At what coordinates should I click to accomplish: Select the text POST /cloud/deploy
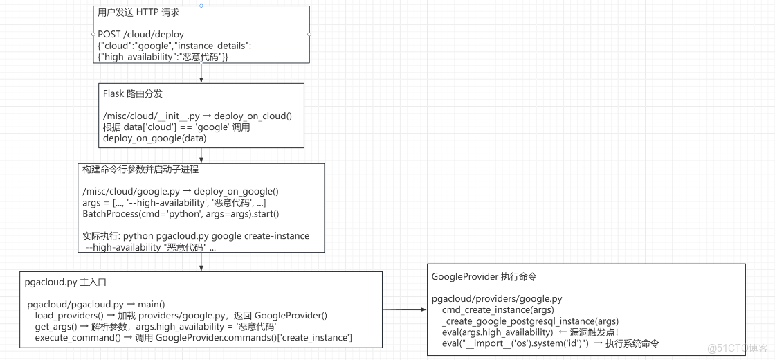(x=140, y=34)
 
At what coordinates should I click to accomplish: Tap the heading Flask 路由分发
(x=132, y=94)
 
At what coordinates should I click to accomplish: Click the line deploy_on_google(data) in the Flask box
(x=155, y=138)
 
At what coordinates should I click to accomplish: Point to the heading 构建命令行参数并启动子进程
(x=140, y=170)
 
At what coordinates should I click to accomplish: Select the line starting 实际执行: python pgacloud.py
(x=196, y=236)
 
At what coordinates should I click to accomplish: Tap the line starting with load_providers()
(x=181, y=315)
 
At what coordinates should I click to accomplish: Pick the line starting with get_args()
(x=156, y=326)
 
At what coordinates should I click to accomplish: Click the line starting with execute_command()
(x=193, y=337)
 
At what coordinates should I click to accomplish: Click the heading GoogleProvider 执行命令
(x=484, y=276)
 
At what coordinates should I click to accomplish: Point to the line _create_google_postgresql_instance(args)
(x=530, y=321)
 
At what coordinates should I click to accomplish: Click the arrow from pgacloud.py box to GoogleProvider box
(x=404, y=310)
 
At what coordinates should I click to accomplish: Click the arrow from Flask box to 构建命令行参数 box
(x=201, y=155)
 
